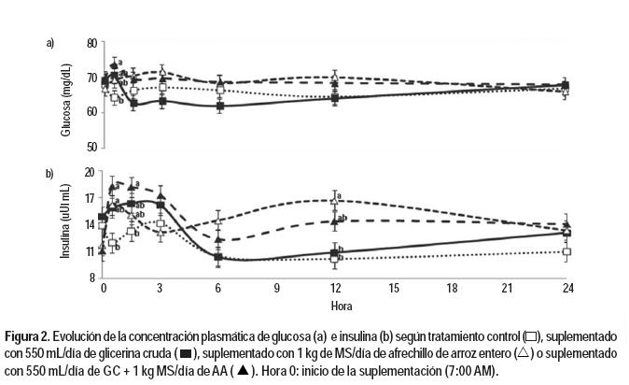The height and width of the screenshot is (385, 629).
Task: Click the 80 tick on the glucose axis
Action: (91, 43)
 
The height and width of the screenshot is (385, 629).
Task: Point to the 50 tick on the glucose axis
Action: (91, 148)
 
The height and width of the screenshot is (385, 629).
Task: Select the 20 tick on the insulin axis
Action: (91, 172)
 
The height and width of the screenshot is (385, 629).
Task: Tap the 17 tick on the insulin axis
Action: (91, 198)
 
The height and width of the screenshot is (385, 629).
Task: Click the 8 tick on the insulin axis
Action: (92, 278)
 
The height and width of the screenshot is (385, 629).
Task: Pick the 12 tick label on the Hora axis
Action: (334, 290)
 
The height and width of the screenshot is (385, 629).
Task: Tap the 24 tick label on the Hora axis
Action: (566, 290)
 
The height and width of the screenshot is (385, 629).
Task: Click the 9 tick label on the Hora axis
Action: (277, 290)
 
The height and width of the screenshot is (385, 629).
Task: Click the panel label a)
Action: (50, 43)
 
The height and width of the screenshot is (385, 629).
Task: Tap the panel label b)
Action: (50, 173)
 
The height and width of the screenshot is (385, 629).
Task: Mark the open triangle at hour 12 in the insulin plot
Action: (334, 200)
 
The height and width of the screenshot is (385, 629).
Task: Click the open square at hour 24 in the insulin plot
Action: (566, 251)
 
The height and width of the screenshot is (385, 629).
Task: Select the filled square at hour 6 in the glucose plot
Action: (219, 106)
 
